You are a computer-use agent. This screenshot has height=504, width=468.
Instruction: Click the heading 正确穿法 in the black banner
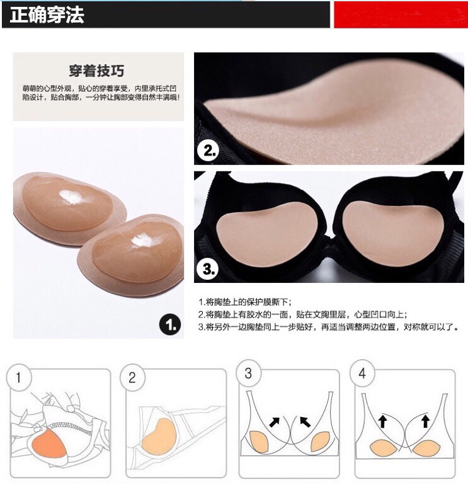tap(47, 14)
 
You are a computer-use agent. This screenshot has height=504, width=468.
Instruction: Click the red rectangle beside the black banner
tap(401, 14)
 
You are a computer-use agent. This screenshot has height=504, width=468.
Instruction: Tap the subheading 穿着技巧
tap(96, 71)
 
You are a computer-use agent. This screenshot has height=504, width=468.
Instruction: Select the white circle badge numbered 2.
tap(208, 151)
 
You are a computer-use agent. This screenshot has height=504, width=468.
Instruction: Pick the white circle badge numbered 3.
tap(208, 269)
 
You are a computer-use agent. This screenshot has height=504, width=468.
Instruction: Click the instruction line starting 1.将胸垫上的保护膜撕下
tap(245, 302)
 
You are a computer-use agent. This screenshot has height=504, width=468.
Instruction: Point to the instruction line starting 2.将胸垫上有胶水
tap(302, 314)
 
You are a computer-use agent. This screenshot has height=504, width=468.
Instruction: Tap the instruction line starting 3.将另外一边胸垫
tap(329, 327)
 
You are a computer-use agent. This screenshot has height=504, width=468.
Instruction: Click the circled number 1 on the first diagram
tap(19, 377)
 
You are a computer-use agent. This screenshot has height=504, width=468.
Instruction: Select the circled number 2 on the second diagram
tap(132, 377)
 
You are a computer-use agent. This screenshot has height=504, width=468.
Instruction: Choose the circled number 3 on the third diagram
tap(248, 373)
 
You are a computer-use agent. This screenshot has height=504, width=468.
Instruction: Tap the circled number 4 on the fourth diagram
tap(362, 373)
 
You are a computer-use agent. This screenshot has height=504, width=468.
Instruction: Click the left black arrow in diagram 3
tap(274, 422)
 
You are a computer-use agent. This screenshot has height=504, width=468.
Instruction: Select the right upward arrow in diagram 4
tap(425, 421)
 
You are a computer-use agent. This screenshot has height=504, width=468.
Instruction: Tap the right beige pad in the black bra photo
tap(391, 232)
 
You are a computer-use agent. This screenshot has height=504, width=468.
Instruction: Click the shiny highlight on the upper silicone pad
tap(71, 197)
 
